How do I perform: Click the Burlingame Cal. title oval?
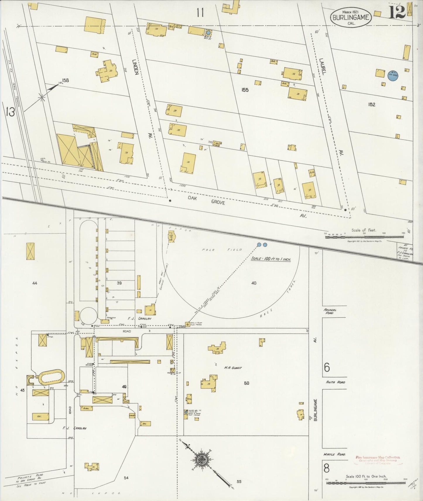(x=351, y=17)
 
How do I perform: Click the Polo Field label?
(x=222, y=250)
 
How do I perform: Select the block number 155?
(x=245, y=90)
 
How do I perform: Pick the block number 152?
(x=371, y=104)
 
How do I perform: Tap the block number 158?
(x=65, y=80)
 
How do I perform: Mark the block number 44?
(x=35, y=283)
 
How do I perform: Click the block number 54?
(x=126, y=478)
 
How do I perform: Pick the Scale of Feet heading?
(x=364, y=230)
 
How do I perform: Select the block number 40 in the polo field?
(x=254, y=283)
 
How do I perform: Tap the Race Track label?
(x=278, y=302)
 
